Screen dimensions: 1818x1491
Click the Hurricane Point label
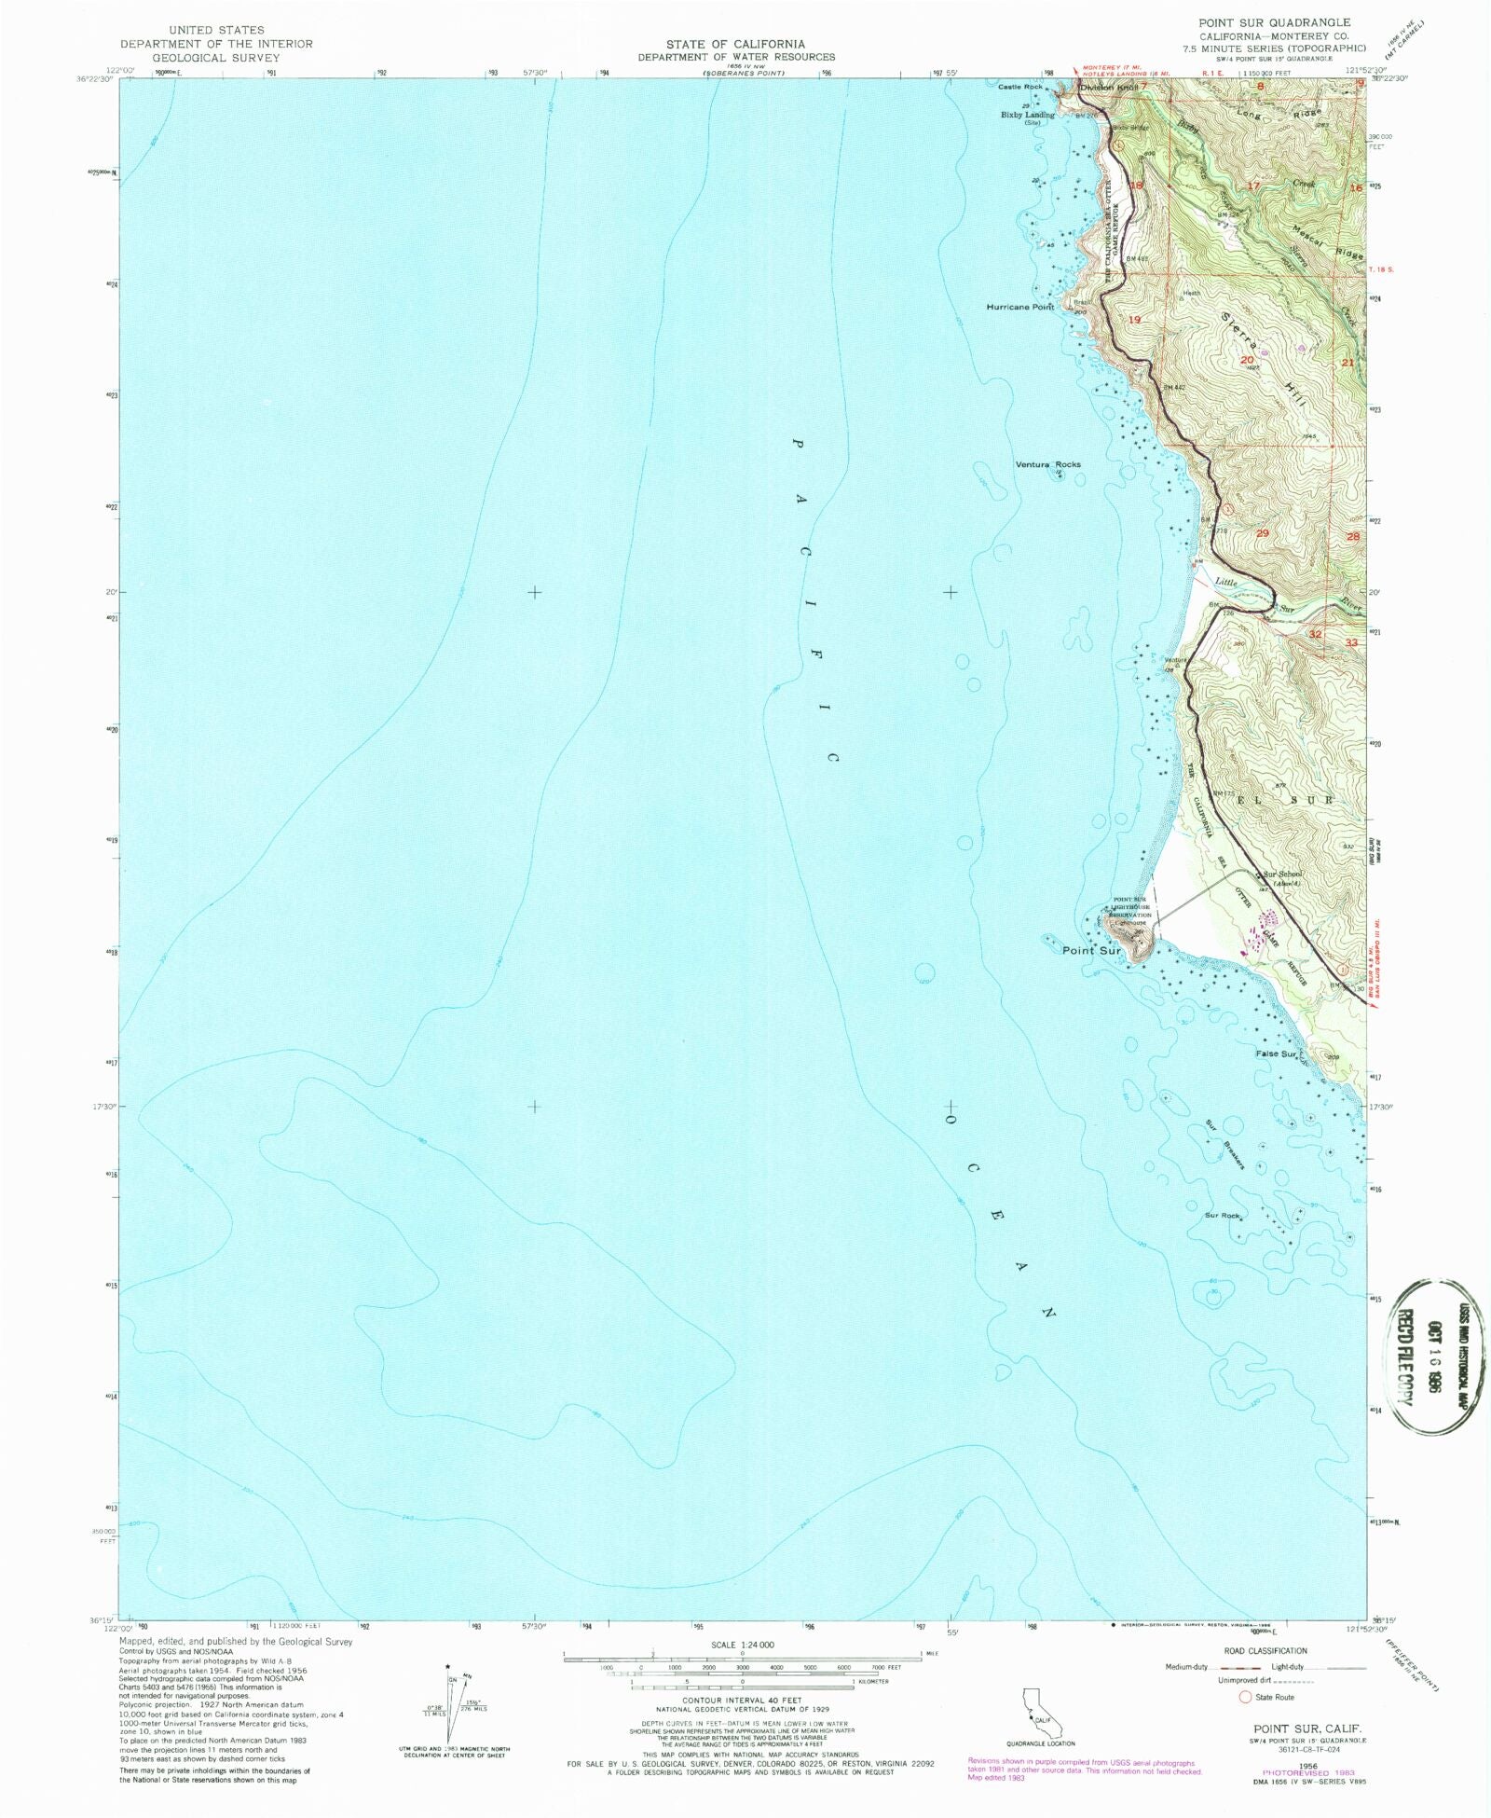[1019, 307]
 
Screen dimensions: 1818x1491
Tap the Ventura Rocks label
[1047, 464]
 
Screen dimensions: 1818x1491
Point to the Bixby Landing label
[1028, 116]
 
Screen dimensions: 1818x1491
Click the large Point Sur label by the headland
[1091, 951]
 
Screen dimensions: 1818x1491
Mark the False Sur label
[1276, 1054]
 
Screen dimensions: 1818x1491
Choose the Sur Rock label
[1222, 1216]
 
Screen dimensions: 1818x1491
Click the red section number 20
[1247, 360]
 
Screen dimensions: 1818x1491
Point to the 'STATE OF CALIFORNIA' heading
[736, 44]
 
